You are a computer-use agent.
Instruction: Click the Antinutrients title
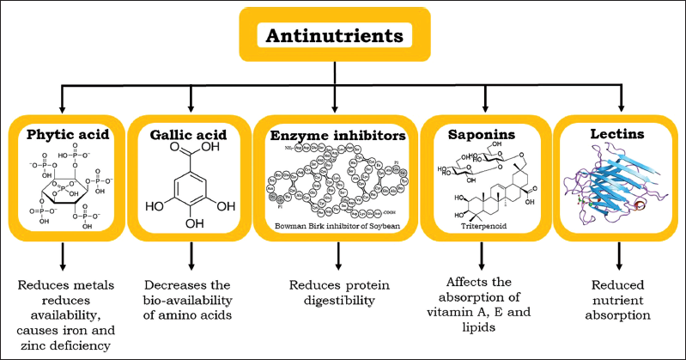pyautogui.click(x=336, y=37)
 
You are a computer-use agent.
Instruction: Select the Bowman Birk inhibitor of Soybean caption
pyautogui.click(x=336, y=225)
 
